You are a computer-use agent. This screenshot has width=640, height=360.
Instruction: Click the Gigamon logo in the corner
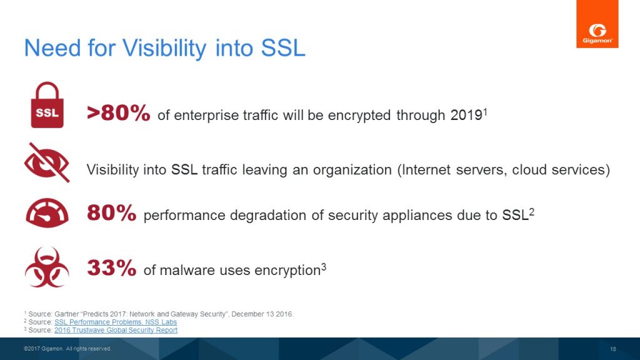tap(597, 24)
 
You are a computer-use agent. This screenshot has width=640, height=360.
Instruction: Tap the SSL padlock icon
tap(47, 105)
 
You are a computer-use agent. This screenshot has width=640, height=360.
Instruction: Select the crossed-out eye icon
tap(47, 162)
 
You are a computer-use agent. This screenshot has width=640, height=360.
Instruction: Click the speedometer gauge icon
tap(47, 212)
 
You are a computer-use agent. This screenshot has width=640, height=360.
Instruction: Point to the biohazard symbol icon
tap(47, 267)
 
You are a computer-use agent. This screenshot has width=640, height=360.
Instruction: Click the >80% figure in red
tap(118, 113)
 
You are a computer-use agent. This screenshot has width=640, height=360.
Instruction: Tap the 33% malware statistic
tap(111, 268)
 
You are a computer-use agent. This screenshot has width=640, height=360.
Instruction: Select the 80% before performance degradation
tap(111, 213)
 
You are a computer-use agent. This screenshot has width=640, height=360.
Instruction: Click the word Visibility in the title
tap(164, 48)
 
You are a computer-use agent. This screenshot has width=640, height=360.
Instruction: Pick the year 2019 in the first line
tap(466, 116)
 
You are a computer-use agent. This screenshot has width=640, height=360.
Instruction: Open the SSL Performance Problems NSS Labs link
tap(116, 322)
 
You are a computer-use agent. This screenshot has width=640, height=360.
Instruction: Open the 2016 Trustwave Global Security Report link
tap(116, 330)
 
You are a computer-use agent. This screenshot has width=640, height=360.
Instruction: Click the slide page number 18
tap(613, 349)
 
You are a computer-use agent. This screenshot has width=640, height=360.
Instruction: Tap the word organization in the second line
tap(352, 170)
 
